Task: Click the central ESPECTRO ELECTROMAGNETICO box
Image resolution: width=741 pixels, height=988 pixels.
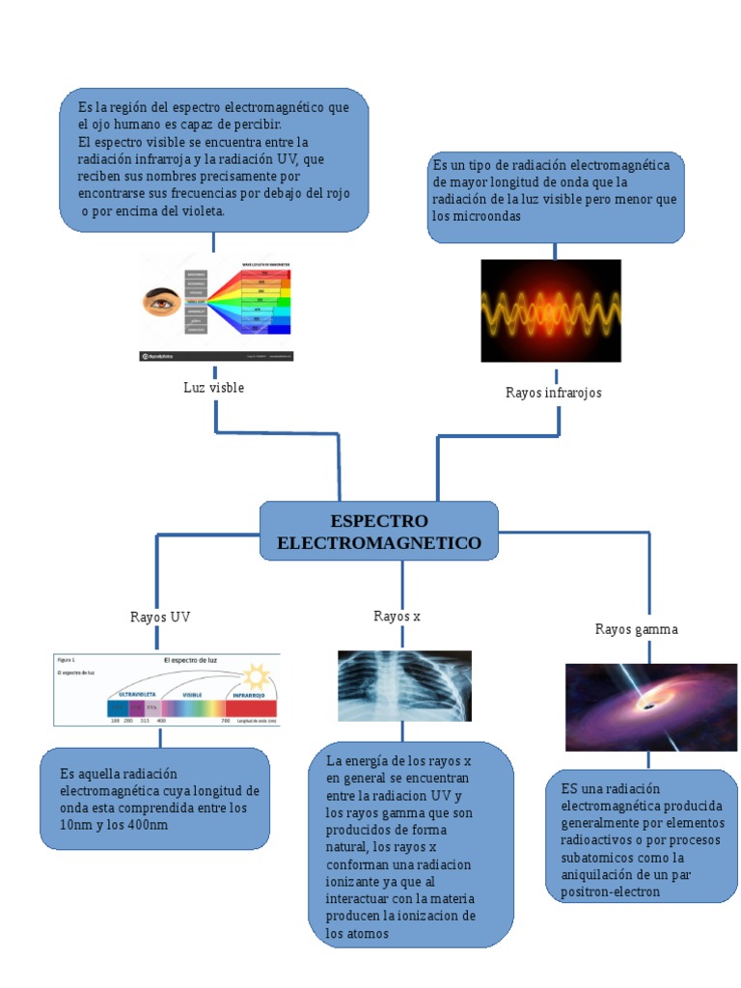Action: pos(378,531)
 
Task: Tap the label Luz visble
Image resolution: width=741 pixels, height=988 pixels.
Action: pos(213,387)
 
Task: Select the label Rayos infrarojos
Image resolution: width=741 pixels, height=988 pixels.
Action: pos(553,393)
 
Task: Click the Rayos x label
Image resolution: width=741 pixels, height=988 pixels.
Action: pos(397,616)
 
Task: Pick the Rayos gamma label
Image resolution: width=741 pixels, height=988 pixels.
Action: pos(636,629)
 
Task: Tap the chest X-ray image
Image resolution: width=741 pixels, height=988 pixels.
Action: pos(404,685)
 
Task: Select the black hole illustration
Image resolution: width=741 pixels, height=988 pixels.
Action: pos(650,706)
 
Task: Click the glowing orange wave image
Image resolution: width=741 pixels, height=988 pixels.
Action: pos(550,310)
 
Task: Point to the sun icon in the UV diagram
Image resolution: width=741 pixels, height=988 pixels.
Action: pos(257,674)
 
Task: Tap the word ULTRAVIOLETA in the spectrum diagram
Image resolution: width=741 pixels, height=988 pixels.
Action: pos(138,695)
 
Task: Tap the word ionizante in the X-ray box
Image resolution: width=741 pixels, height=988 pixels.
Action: pos(353,882)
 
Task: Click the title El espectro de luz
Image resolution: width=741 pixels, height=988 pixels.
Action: pos(190,660)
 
